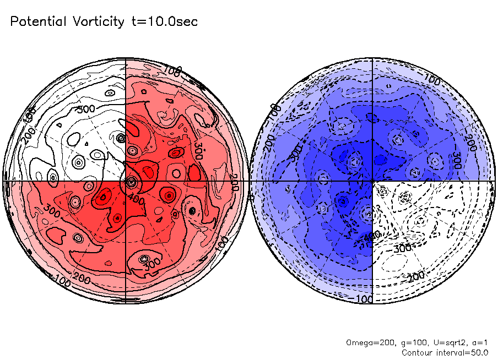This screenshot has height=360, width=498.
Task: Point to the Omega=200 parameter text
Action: click(x=368, y=342)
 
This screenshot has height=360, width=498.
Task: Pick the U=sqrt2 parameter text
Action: click(x=441, y=342)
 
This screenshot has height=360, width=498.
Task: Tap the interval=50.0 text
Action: click(x=464, y=352)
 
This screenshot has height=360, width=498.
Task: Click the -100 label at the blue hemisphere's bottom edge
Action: click(x=362, y=298)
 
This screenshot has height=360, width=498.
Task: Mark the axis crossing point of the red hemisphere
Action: click(x=126, y=181)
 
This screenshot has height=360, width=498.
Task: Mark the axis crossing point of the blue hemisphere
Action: click(x=373, y=181)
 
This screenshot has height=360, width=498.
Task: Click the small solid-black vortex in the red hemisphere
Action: click(x=192, y=210)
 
